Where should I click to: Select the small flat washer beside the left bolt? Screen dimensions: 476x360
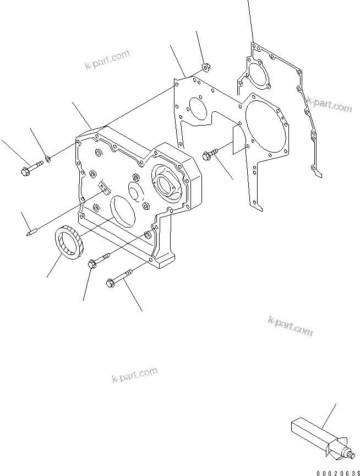48,159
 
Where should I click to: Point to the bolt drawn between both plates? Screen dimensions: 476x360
211,154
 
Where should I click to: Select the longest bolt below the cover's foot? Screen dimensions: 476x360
119,278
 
